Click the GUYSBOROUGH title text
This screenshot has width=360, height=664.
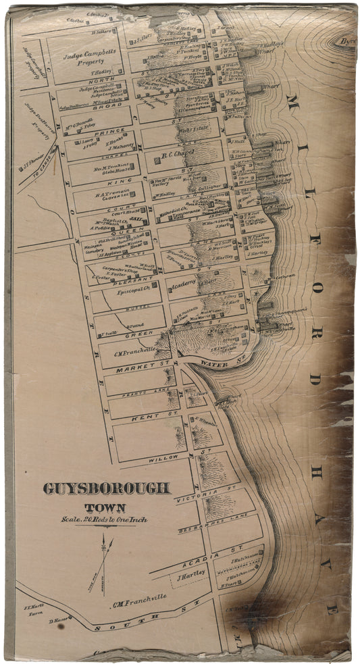107,488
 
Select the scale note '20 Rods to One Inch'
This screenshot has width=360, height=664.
104,520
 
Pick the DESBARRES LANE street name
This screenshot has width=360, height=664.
209,528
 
